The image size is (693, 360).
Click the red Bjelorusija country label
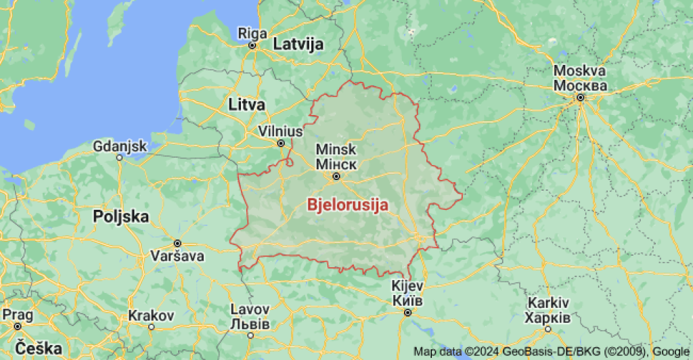(x=348, y=204)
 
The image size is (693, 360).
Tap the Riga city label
(x=252, y=32)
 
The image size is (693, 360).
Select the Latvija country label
(x=298, y=45)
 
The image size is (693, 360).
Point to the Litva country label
(x=247, y=104)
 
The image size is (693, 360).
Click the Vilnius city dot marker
(x=281, y=143)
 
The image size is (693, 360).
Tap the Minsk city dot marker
(x=336, y=177)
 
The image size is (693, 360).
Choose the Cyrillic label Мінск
(x=336, y=164)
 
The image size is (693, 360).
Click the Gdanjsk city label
(x=120, y=145)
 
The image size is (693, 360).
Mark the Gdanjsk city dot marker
(x=119, y=157)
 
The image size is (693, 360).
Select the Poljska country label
(x=121, y=217)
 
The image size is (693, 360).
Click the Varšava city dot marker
(x=177, y=243)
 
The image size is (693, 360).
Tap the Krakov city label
(x=152, y=315)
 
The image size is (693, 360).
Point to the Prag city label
(x=16, y=315)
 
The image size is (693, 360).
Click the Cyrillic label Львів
(x=250, y=324)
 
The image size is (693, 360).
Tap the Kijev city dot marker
(x=407, y=313)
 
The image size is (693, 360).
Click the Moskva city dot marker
(x=580, y=97)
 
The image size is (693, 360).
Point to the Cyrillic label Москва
(x=580, y=86)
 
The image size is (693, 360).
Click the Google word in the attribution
(x=671, y=351)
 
